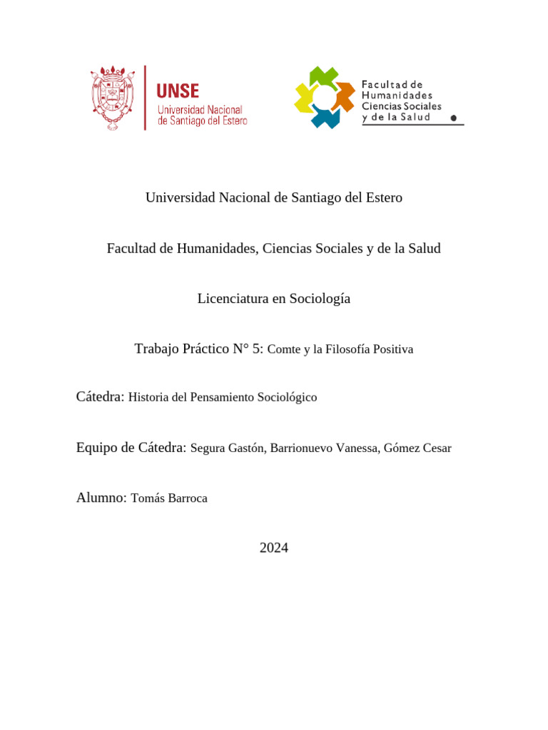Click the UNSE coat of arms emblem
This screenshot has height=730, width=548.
(x=113, y=98)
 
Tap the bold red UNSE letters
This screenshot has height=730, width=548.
(x=178, y=91)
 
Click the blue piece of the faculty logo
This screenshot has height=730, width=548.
(x=325, y=117)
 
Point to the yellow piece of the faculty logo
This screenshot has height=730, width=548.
(x=305, y=99)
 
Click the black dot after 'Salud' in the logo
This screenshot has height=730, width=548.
(x=454, y=118)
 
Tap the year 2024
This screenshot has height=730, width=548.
(x=274, y=548)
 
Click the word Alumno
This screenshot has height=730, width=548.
(x=101, y=498)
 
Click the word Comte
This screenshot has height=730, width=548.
(x=283, y=350)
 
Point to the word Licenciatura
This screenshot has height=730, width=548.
(x=232, y=299)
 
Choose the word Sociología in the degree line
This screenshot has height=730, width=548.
(x=320, y=299)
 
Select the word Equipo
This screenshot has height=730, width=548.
(x=96, y=448)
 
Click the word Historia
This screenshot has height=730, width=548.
(x=148, y=398)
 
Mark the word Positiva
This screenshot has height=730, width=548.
(x=390, y=350)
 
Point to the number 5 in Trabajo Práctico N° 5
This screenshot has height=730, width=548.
(x=258, y=349)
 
